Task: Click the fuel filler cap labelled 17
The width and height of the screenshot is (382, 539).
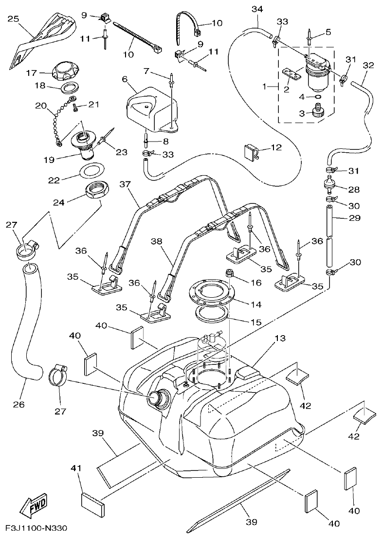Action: [x=64, y=71]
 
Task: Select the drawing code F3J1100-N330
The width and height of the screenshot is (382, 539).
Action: [x=36, y=529]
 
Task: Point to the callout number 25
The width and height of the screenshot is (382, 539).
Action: [x=13, y=19]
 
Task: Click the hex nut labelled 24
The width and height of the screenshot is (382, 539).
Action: [x=99, y=191]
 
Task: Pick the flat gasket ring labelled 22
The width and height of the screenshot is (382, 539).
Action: [x=91, y=171]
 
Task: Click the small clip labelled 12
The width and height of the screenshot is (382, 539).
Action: [x=251, y=152]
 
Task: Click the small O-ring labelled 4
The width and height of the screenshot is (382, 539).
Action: [x=318, y=97]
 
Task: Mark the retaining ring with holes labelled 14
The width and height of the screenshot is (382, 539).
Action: [x=213, y=296]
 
